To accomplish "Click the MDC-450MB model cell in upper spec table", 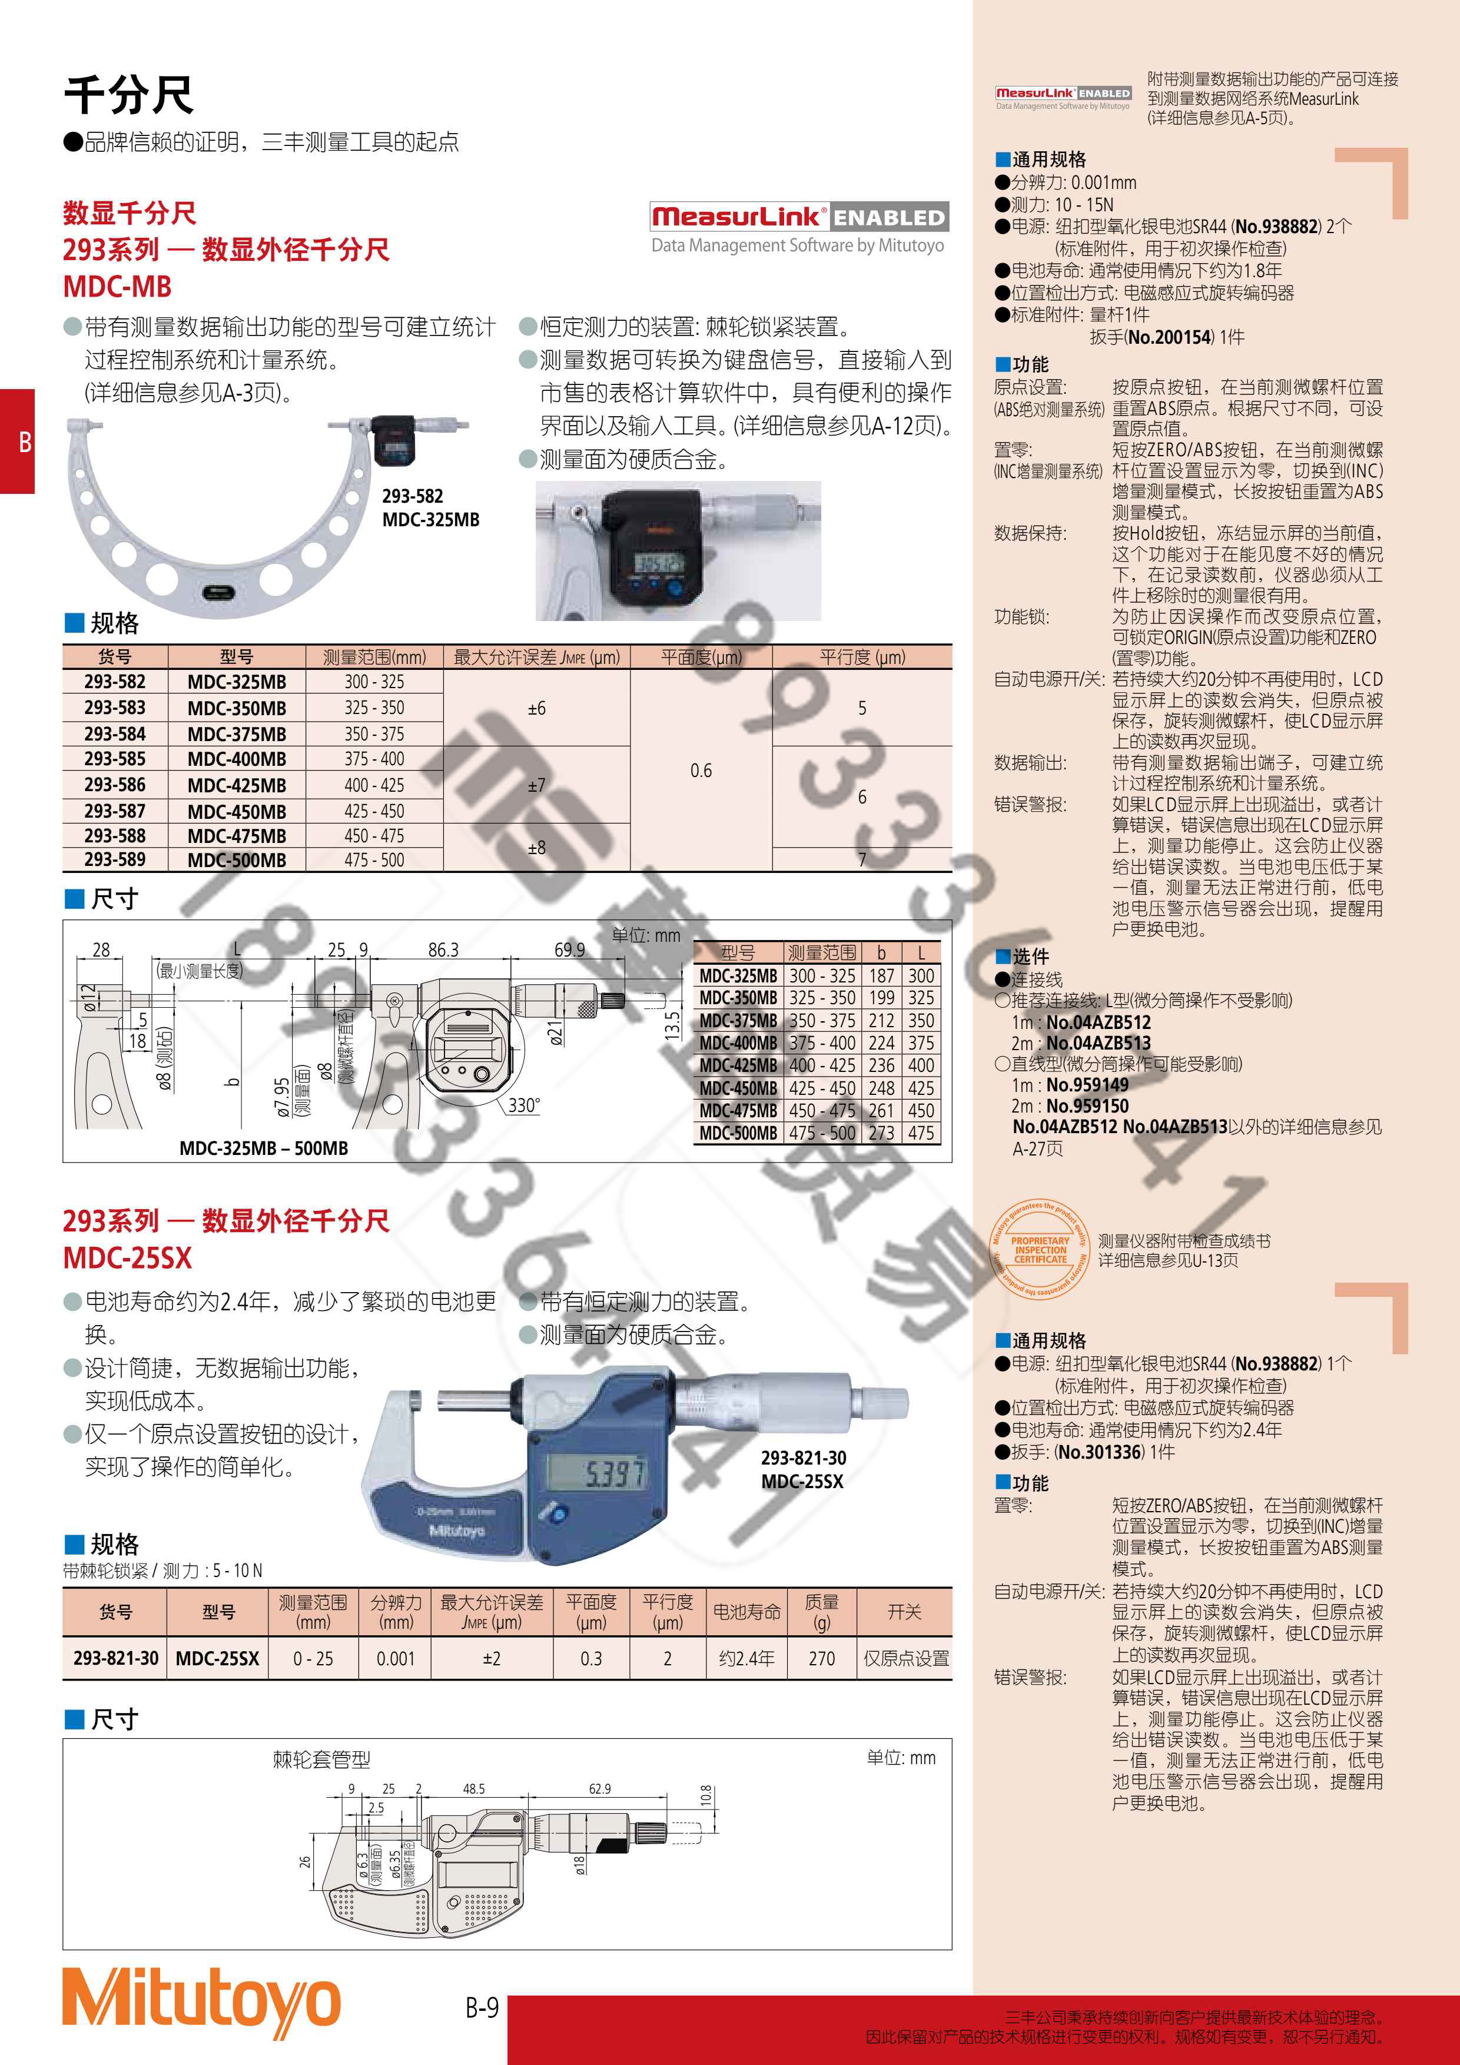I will point(237,811).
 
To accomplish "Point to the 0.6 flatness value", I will point(701,771).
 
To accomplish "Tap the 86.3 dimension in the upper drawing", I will point(443,949).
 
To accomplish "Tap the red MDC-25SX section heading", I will point(128,1257).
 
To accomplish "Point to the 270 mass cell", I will point(821,1658).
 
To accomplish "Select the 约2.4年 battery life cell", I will point(746,1658).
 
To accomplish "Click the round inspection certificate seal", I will point(1039,1250).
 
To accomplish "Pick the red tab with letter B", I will point(18,441).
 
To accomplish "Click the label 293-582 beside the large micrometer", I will point(412,496).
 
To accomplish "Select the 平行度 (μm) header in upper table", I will point(862,658).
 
